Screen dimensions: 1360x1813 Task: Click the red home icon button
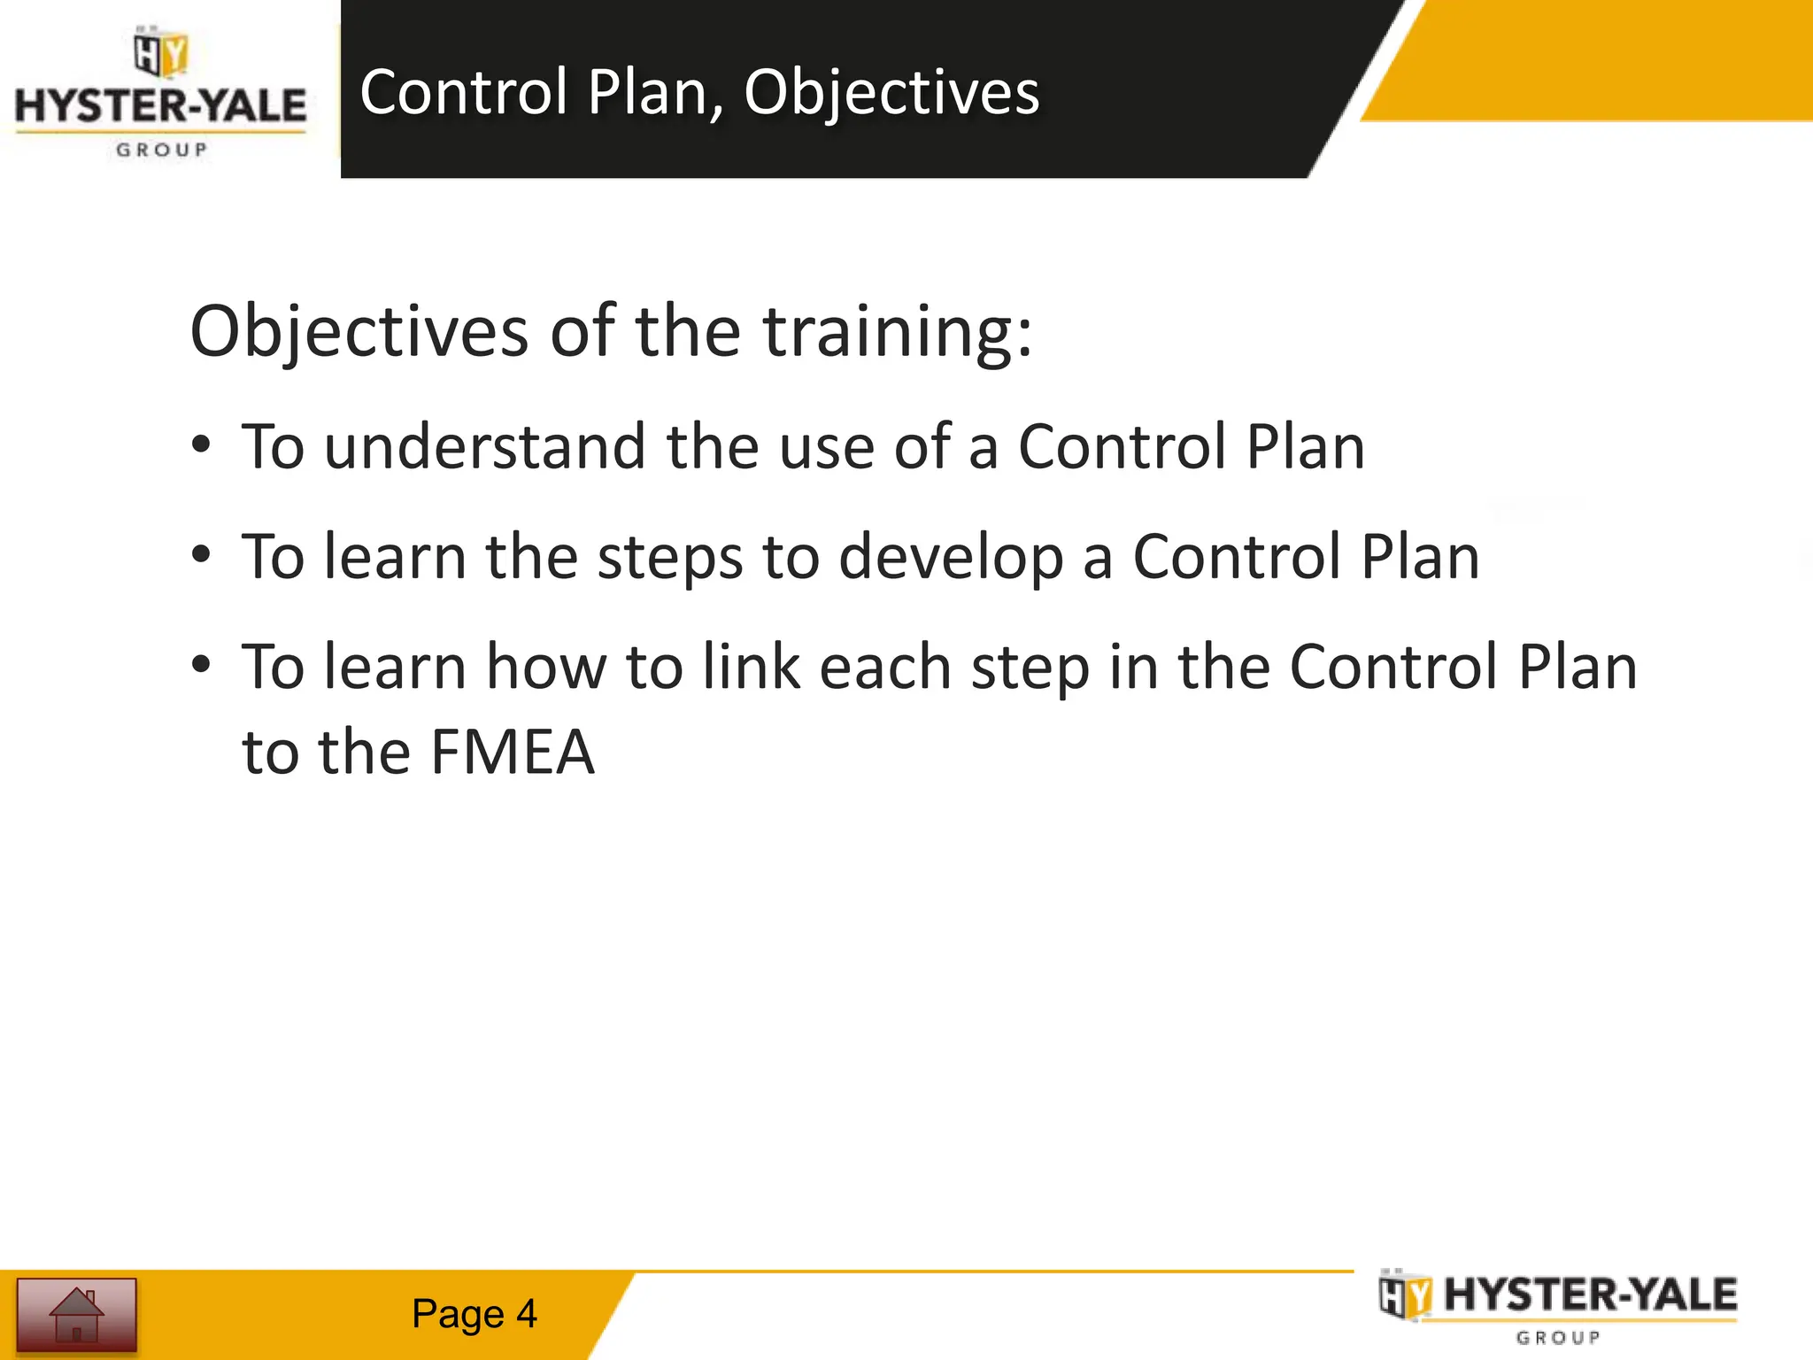[77, 1314]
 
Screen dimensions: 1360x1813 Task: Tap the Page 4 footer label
[474, 1314]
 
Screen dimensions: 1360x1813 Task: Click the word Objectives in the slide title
[891, 93]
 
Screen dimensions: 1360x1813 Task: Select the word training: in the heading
[897, 331]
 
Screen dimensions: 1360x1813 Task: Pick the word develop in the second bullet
[950, 558]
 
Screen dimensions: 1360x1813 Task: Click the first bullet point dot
[202, 445]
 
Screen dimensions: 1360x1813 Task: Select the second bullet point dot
[202, 555]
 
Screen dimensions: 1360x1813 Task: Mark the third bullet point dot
[202, 665]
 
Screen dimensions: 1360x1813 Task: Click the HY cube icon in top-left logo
[160, 53]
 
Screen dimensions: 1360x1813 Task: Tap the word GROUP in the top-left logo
[161, 150]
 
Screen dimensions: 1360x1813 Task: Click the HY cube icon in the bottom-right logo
[1405, 1296]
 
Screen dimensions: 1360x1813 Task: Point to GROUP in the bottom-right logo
[1558, 1338]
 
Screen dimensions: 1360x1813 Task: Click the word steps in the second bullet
[670, 558]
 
